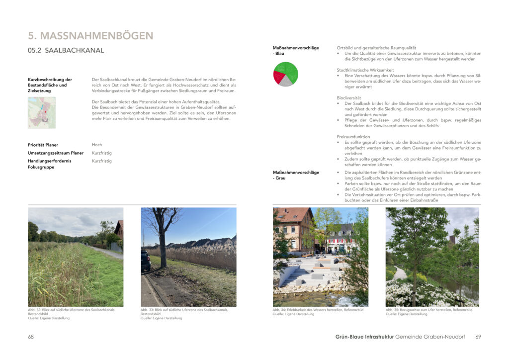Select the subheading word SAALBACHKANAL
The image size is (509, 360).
(x=74, y=51)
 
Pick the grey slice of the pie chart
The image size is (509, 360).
(x=285, y=82)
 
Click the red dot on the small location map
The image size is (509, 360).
(x=45, y=112)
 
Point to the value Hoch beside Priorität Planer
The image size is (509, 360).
(x=97, y=145)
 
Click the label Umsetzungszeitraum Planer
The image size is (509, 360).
(x=56, y=153)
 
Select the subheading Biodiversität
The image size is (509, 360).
(x=349, y=98)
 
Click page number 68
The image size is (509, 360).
(x=31, y=337)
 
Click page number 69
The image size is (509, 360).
(x=478, y=337)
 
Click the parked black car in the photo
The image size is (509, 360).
(x=146, y=261)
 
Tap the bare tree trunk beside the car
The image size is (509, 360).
(x=162, y=244)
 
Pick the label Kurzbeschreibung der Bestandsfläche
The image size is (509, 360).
(x=50, y=82)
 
